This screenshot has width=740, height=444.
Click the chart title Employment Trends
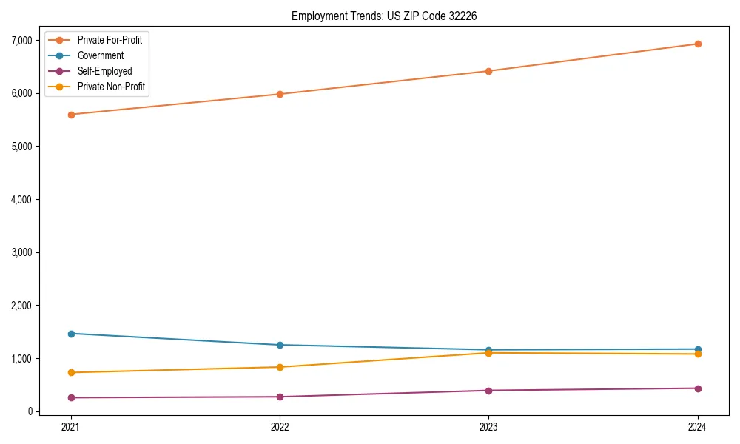pyautogui.click(x=379, y=16)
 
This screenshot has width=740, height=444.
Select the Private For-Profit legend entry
pyautogui.click(x=110, y=40)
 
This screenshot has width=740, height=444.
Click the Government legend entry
pyautogui.click(x=101, y=55)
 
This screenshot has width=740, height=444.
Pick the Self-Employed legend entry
pyautogui.click(x=104, y=71)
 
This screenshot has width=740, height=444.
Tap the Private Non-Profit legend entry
pyautogui.click(x=111, y=87)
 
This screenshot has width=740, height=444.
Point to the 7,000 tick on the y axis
pyautogui.click(x=21, y=40)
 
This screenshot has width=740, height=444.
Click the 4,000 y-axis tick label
pyautogui.click(x=21, y=199)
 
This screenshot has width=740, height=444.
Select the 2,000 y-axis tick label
pyautogui.click(x=21, y=306)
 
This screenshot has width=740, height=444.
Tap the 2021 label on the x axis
pyautogui.click(x=71, y=426)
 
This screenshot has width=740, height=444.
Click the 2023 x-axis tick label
pyautogui.click(x=488, y=426)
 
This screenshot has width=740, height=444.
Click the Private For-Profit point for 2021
pyautogui.click(x=71, y=115)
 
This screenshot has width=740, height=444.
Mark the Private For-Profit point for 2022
pyautogui.click(x=280, y=94)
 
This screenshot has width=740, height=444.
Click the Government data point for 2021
pyautogui.click(x=71, y=334)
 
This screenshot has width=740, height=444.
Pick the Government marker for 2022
pyautogui.click(x=280, y=345)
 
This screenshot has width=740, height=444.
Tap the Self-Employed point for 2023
pyautogui.click(x=488, y=391)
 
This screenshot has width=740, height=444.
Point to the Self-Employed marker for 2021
pyautogui.click(x=71, y=397)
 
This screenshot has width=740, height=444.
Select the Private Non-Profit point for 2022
pyautogui.click(x=280, y=367)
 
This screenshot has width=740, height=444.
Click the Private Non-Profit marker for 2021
pyautogui.click(x=71, y=372)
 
